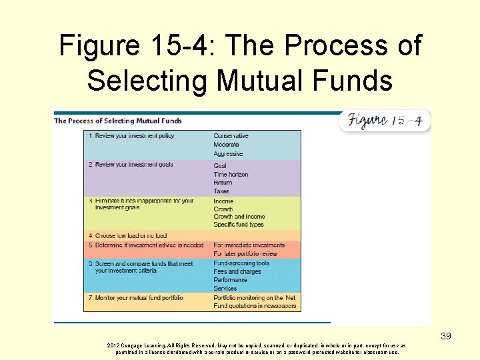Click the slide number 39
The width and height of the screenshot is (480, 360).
pos(446,336)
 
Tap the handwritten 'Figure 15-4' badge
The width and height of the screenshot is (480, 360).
pos(386,121)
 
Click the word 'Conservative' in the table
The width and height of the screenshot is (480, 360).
pos(231,136)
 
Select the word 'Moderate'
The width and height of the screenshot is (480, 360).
pos(226,145)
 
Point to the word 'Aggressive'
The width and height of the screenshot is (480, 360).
pos(228,154)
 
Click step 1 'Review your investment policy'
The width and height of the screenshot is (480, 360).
pos(131,135)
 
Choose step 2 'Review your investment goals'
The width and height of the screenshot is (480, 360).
pos(131,165)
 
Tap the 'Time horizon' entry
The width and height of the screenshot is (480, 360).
pos(231,175)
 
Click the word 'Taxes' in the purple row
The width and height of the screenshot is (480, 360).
pos(221,191)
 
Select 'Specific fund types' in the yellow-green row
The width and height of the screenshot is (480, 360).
pos(239,225)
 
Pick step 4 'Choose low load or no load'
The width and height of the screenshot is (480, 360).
pos(127,235)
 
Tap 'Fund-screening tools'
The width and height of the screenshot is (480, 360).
pos(241,263)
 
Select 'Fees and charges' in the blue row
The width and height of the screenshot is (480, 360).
pos(237,272)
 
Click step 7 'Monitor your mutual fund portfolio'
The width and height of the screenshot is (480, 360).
pos(136,297)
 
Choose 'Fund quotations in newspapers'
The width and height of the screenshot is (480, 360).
pos(255,306)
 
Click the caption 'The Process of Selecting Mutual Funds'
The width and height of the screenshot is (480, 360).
pos(118,121)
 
